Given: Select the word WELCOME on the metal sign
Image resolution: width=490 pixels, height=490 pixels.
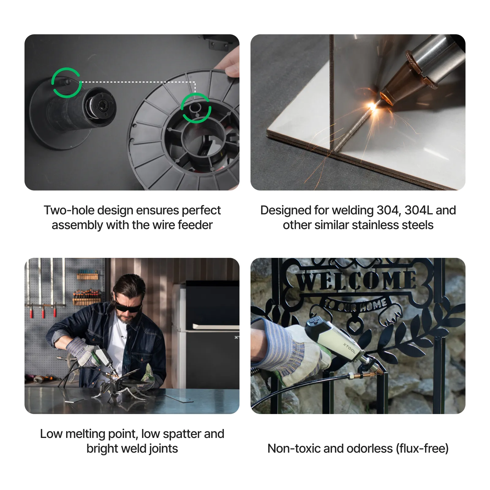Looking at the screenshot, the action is pyautogui.click(x=357, y=281).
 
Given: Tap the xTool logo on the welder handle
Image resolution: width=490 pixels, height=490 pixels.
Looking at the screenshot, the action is pyautogui.click(x=349, y=348).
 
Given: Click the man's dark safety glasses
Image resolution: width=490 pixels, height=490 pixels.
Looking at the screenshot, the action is pyautogui.click(x=128, y=307).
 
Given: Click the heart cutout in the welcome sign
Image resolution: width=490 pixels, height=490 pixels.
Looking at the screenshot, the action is pyautogui.click(x=355, y=325).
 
